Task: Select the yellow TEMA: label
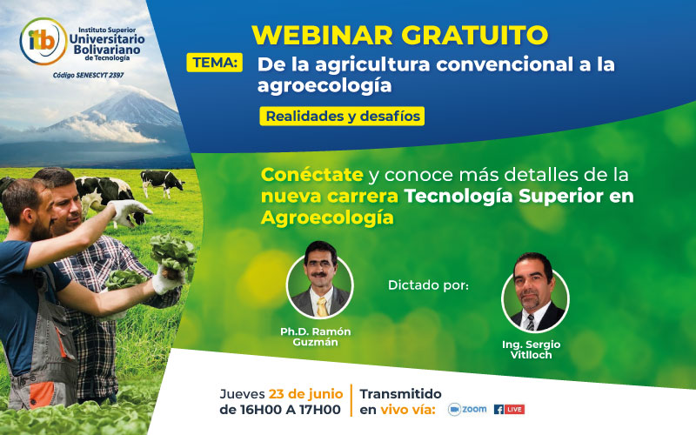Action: [x=215, y=63]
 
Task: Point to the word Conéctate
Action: [x=306, y=174]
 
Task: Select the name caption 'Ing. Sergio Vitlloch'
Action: [x=531, y=350]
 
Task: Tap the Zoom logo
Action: [x=466, y=408]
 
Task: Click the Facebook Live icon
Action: [x=509, y=408]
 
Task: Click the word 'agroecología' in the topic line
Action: [x=324, y=85]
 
